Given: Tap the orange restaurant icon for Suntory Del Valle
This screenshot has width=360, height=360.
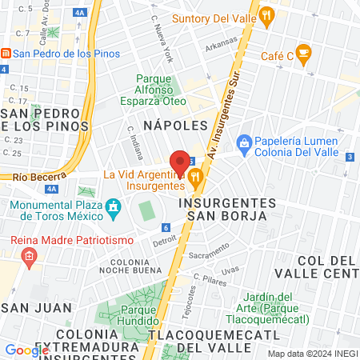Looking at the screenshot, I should click(268, 14).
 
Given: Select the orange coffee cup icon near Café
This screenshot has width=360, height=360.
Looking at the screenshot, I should click(303, 55).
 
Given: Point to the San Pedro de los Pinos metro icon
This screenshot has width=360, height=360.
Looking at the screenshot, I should click(6, 54).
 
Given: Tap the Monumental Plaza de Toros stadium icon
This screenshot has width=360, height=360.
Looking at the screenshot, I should click(114, 210).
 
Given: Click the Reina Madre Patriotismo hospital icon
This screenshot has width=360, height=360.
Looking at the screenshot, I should click(30, 258).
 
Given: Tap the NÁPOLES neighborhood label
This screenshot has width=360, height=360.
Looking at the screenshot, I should click(174, 125).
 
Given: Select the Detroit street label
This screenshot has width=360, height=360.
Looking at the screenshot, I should click(163, 238).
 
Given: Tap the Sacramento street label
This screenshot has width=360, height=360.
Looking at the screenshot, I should click(210, 254).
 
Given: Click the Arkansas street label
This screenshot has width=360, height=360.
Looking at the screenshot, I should click(221, 45).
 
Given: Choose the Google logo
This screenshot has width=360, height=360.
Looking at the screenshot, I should click(26, 350).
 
